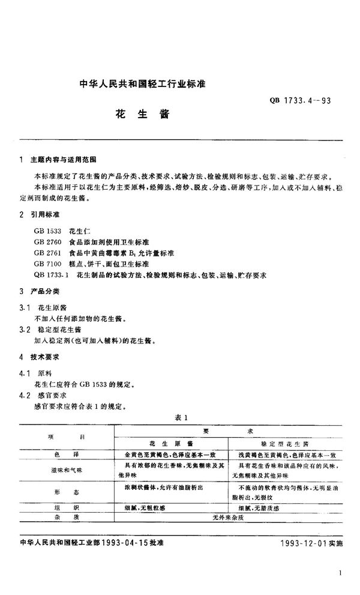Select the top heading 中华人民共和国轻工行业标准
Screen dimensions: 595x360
[142, 85]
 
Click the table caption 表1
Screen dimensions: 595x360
[180, 417]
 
